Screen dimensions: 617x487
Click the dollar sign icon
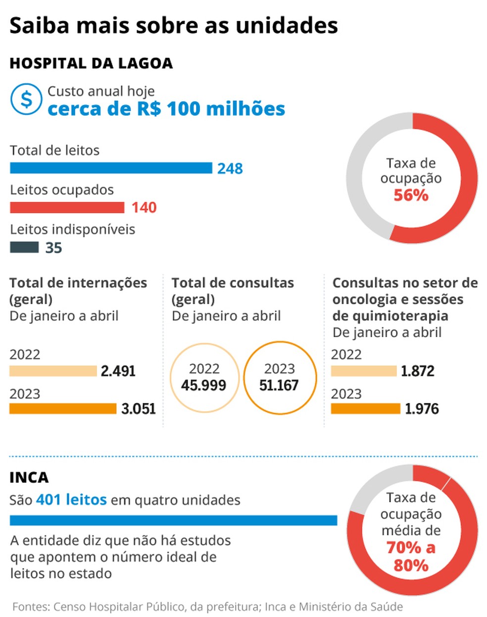click(26, 99)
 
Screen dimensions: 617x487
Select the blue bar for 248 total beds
click(111, 168)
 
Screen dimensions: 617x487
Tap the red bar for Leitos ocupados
click(67, 207)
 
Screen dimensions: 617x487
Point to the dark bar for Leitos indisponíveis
click(24, 247)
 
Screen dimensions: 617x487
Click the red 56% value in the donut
click(411, 195)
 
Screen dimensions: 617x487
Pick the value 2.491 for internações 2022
click(118, 371)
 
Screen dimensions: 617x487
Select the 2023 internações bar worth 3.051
click(63, 409)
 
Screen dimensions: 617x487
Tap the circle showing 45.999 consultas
click(204, 378)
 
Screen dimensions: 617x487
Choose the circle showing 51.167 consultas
click(280, 378)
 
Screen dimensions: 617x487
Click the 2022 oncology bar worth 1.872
click(364, 371)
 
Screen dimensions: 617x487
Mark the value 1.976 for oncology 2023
click(422, 409)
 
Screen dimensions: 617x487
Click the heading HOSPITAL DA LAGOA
click(91, 63)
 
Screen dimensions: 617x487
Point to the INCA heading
click(29, 478)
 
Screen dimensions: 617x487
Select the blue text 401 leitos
click(71, 500)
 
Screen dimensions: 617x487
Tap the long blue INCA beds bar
click(173, 520)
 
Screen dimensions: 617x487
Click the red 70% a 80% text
click(411, 556)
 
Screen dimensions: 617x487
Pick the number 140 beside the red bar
click(144, 207)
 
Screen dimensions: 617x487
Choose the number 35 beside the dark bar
click(53, 248)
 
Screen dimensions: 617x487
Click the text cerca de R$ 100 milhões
click(166, 109)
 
